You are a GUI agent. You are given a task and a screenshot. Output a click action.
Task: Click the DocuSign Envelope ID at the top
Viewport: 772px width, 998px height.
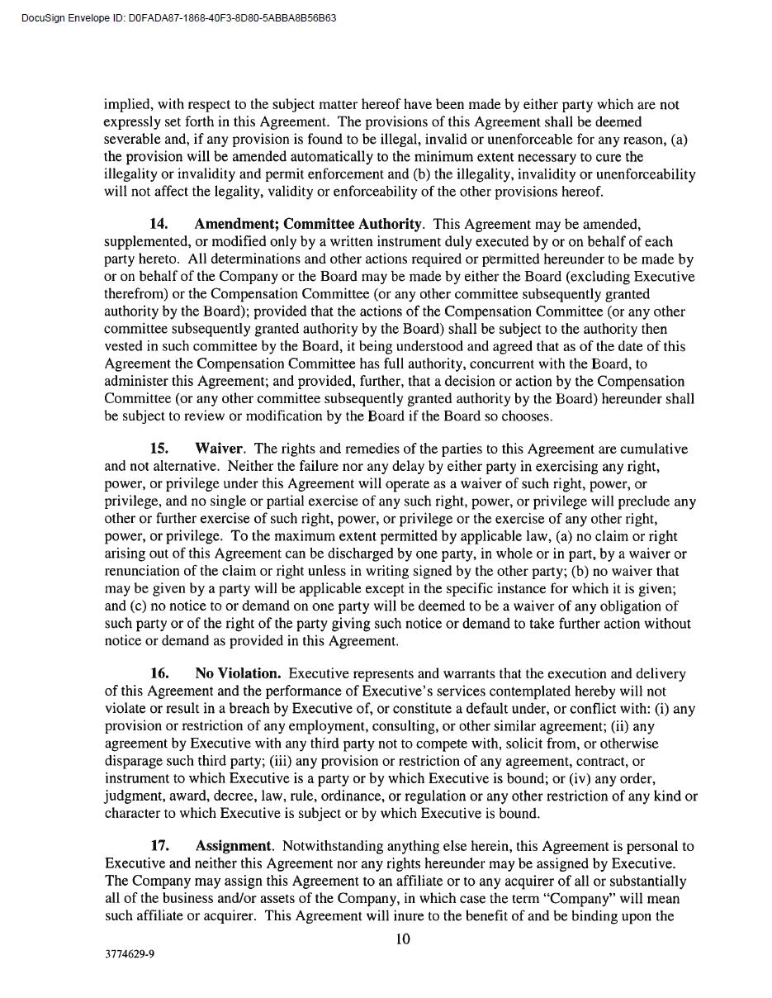click(x=178, y=18)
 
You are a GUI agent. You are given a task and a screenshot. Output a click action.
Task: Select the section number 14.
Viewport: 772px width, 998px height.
click(x=159, y=224)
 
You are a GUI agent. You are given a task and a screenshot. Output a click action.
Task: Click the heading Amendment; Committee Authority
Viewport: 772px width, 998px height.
click(x=308, y=224)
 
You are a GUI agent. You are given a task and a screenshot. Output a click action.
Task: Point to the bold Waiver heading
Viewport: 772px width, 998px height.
click(x=219, y=449)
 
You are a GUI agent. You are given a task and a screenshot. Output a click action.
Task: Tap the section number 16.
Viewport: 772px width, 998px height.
click(x=159, y=673)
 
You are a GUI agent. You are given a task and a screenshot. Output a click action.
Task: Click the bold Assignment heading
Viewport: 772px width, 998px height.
click(x=233, y=846)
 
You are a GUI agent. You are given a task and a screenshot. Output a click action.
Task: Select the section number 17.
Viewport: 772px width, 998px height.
click(x=159, y=846)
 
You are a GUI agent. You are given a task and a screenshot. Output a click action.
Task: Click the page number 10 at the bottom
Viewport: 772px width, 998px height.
click(x=403, y=939)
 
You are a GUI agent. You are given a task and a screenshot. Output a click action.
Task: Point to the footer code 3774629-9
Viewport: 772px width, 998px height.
click(x=130, y=953)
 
